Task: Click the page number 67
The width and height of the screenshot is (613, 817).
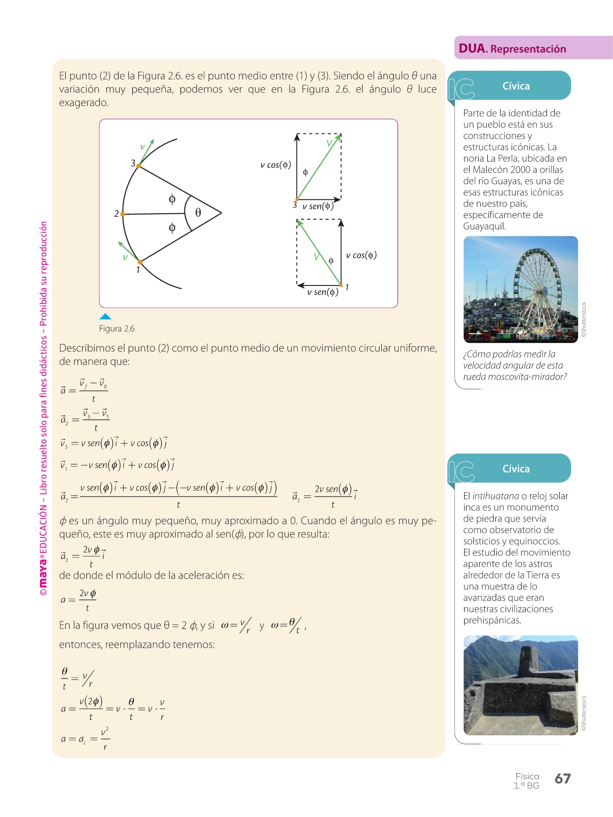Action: coord(562,778)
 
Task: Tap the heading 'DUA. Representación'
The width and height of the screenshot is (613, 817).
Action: coord(512,49)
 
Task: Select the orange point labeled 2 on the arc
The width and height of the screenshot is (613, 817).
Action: coord(123,214)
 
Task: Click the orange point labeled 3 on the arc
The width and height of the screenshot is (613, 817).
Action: coord(138,166)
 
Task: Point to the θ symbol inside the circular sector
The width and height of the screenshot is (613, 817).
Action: coord(198,212)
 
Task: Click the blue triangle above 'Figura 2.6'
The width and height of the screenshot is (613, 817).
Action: coord(105,316)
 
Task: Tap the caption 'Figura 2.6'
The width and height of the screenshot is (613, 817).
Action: coord(117,329)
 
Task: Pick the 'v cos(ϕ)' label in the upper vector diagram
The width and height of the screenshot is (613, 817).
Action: coord(276,165)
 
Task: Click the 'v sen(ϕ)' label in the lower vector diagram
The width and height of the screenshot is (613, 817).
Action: coord(322,292)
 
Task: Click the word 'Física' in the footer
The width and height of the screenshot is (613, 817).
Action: coord(527,776)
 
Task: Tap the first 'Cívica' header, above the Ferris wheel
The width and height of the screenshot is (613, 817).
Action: coord(516,86)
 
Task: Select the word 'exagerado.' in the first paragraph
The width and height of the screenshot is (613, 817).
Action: coord(84,103)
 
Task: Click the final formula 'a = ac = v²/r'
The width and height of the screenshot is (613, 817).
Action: coord(85,739)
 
